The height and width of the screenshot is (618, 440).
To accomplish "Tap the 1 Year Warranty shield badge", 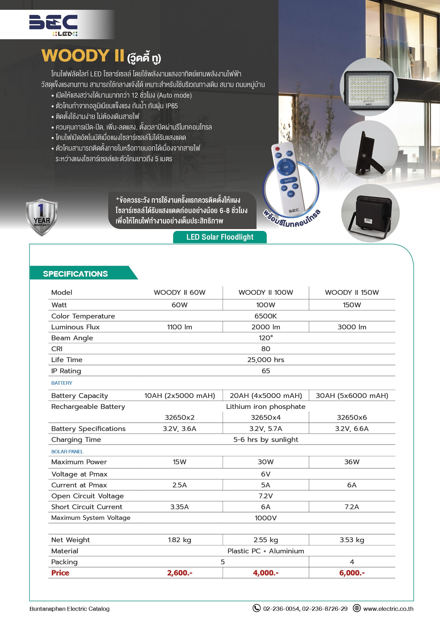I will [x=41, y=217].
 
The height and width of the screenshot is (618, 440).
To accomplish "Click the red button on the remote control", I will [x=277, y=149].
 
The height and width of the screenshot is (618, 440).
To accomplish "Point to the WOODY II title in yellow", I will [x=83, y=56].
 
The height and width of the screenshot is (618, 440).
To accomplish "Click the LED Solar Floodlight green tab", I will [x=220, y=237].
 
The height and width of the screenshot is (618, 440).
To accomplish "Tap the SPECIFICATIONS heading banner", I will [x=75, y=274].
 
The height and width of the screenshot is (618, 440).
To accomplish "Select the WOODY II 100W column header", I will [x=265, y=292].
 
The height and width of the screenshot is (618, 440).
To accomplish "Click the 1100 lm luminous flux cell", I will [x=179, y=327].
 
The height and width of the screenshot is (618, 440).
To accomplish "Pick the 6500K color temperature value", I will [x=265, y=316].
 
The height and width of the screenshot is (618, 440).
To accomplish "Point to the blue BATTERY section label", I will [x=62, y=383].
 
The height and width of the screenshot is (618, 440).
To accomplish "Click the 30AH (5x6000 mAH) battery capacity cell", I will [x=352, y=396].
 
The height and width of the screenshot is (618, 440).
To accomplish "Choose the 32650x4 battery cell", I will [x=265, y=417].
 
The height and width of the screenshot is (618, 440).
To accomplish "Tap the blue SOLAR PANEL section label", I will [x=67, y=451].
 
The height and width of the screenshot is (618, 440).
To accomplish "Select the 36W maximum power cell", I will [x=352, y=462].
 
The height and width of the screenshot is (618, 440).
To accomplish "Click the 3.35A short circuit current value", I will [x=179, y=507].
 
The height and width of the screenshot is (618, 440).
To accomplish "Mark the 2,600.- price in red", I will [x=179, y=573].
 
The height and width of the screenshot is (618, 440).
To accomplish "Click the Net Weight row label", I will [x=70, y=540].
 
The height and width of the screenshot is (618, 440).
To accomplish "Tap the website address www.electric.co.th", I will [x=388, y=609].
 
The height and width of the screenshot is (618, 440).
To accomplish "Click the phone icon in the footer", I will [x=256, y=608].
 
